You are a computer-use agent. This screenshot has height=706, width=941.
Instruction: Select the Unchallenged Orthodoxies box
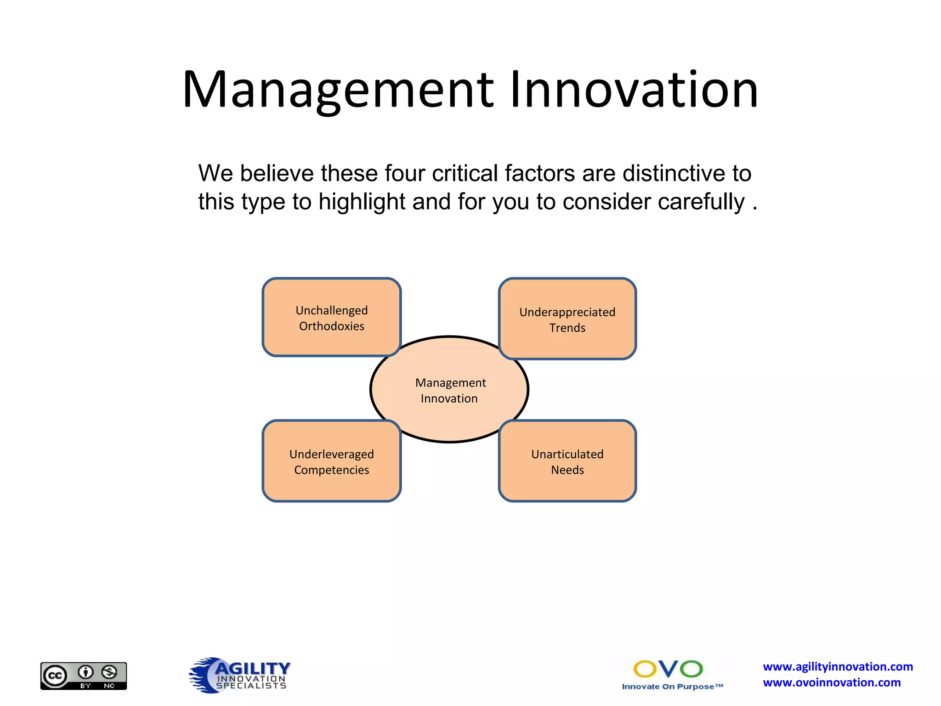(331, 318)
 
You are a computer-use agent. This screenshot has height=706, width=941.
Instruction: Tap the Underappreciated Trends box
(567, 319)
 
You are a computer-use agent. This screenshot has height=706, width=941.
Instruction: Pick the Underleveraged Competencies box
(331, 461)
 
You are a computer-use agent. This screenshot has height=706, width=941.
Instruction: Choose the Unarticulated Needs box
(567, 461)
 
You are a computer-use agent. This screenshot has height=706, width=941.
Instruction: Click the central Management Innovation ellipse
(449, 390)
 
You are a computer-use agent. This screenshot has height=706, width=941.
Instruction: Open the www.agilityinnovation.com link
(838, 666)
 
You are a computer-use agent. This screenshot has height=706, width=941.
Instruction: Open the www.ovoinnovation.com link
(832, 683)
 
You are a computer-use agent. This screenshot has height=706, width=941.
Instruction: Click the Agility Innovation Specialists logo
(240, 675)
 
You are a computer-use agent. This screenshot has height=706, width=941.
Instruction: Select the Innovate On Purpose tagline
(672, 687)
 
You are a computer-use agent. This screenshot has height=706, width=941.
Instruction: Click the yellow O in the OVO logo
(645, 669)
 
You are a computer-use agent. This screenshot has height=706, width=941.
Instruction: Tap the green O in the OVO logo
(691, 669)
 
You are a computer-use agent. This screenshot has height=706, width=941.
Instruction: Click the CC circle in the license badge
(55, 676)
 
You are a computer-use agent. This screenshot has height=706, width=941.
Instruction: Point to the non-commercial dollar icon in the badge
(109, 672)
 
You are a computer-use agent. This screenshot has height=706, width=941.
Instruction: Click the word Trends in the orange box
(567, 328)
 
